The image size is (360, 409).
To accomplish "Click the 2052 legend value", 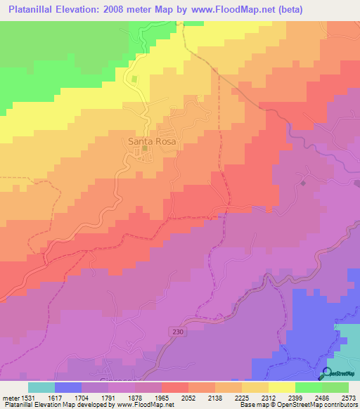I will [188, 397].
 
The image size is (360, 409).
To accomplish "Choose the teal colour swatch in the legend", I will [41, 387].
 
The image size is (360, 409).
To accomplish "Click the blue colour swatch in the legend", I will [68, 387].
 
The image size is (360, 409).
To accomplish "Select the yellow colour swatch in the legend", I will [282, 387].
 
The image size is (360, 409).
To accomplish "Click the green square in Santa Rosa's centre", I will [146, 148].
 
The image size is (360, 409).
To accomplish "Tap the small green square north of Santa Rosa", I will [133, 79].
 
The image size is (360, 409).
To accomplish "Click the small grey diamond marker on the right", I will [303, 183].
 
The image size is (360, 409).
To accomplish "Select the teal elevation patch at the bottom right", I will [347, 344].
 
